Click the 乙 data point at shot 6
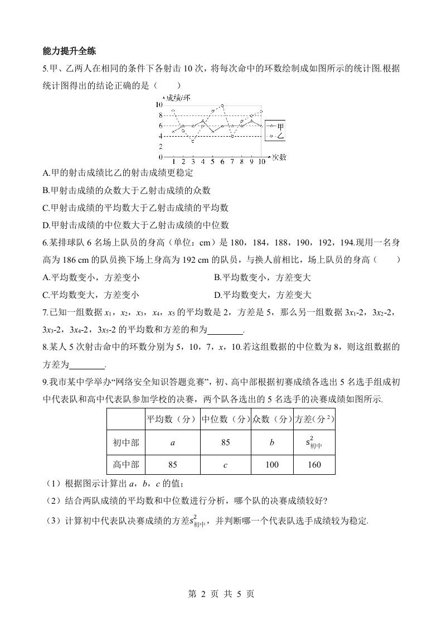click(222, 105)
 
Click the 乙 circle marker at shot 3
click(193, 141)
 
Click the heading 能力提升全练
click(70, 51)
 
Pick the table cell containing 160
click(314, 464)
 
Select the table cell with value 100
click(273, 464)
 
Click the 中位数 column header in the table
click(225, 419)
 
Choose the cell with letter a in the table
click(172, 443)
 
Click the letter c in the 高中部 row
click(225, 464)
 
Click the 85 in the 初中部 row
click(225, 443)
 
